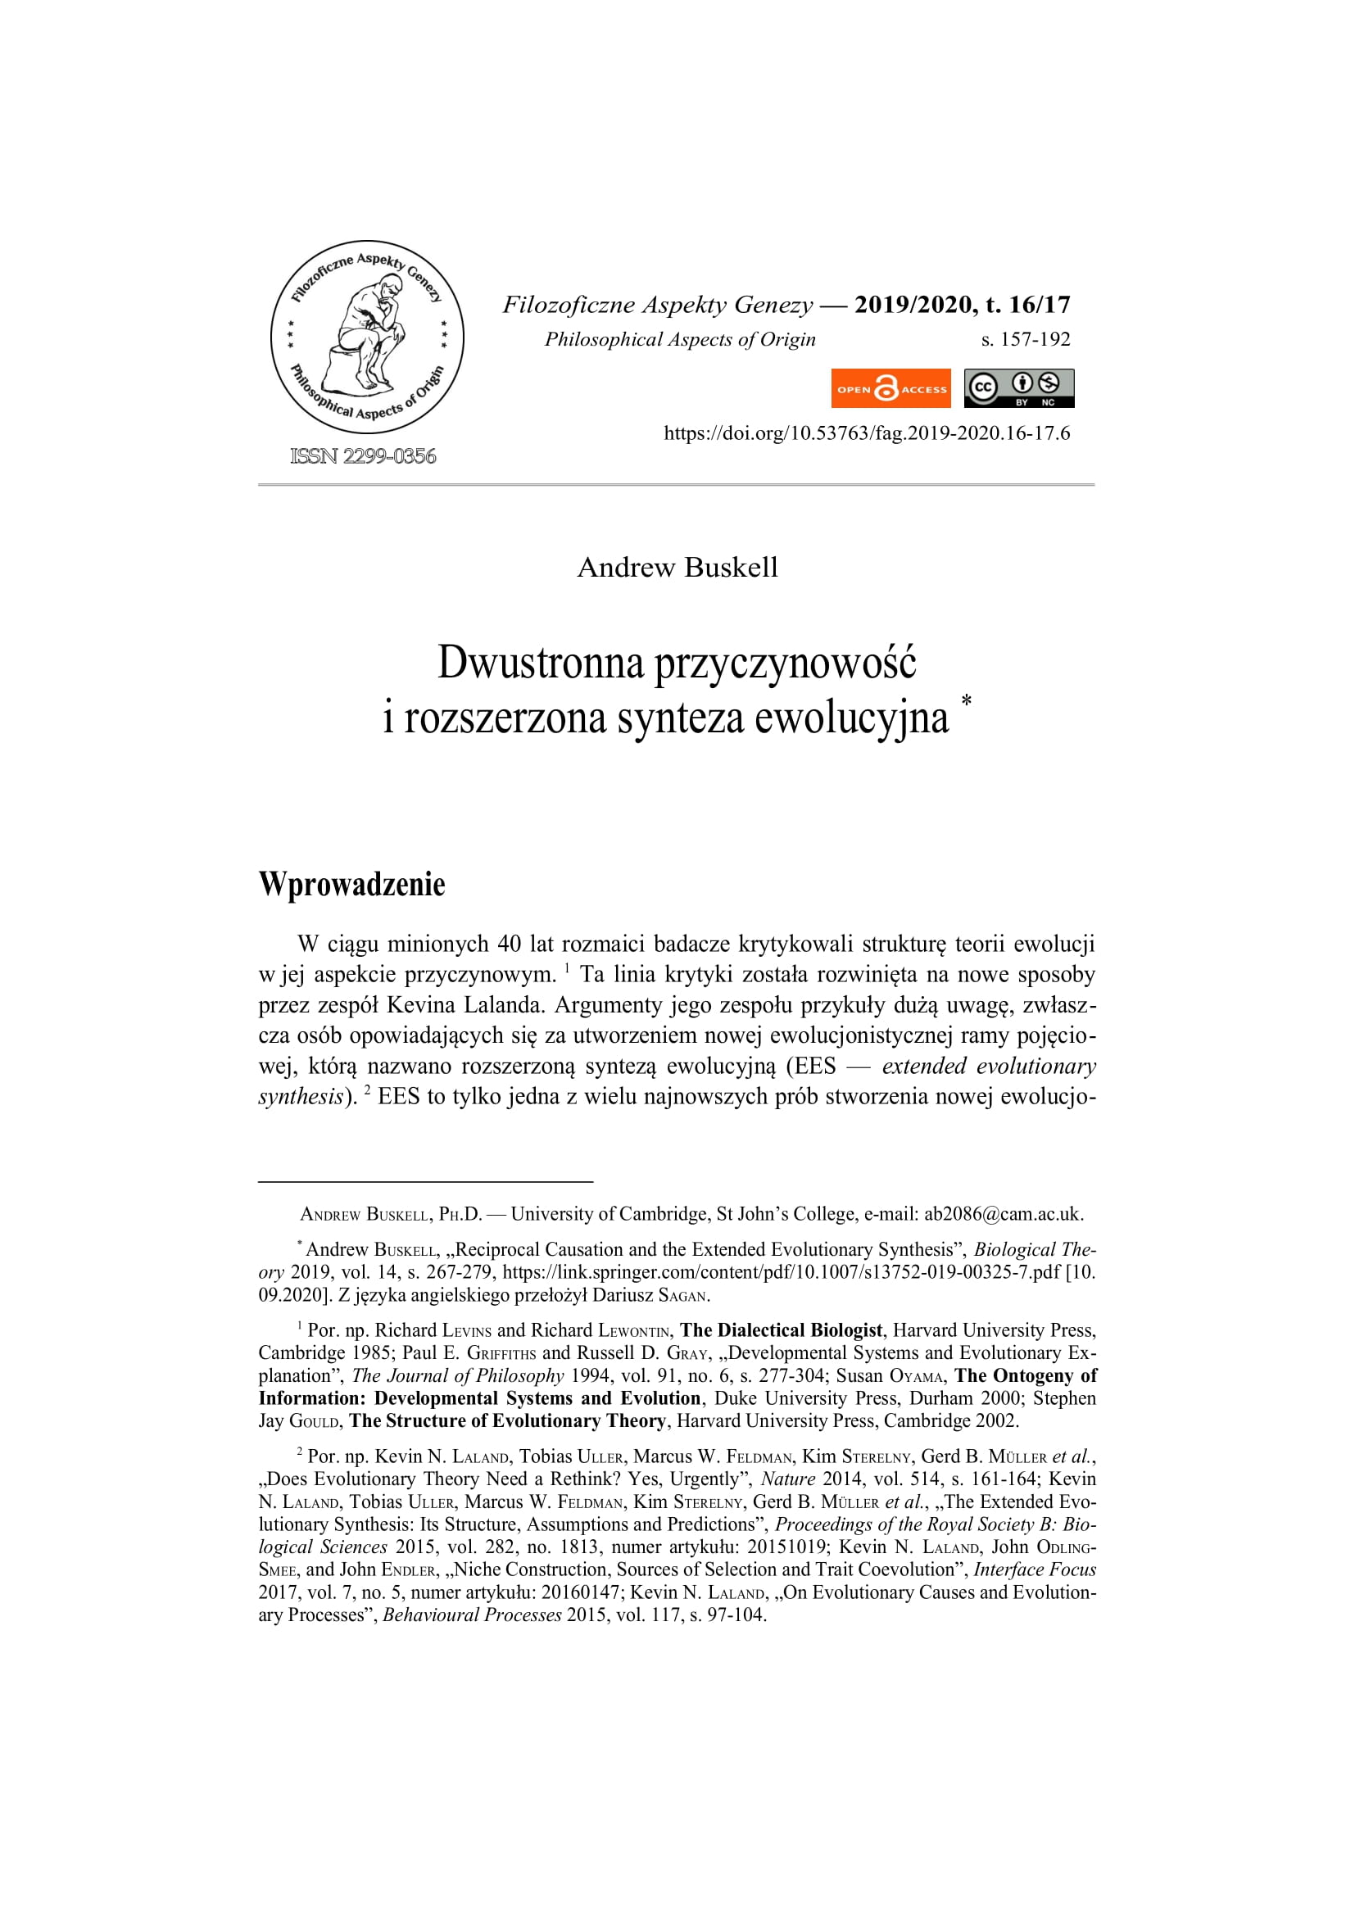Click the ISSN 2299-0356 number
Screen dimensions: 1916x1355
point(363,455)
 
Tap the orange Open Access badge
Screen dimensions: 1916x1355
point(890,389)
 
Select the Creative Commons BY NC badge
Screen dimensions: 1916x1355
point(1019,389)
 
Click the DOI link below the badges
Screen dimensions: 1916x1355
point(866,433)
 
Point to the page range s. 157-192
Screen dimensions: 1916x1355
point(1026,340)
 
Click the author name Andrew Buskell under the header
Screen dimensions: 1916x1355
point(677,568)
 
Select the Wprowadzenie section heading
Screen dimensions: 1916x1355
point(352,885)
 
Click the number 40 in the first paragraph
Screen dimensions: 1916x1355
point(509,944)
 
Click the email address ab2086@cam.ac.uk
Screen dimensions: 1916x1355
point(1003,1214)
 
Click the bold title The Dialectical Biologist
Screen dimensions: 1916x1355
point(781,1330)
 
